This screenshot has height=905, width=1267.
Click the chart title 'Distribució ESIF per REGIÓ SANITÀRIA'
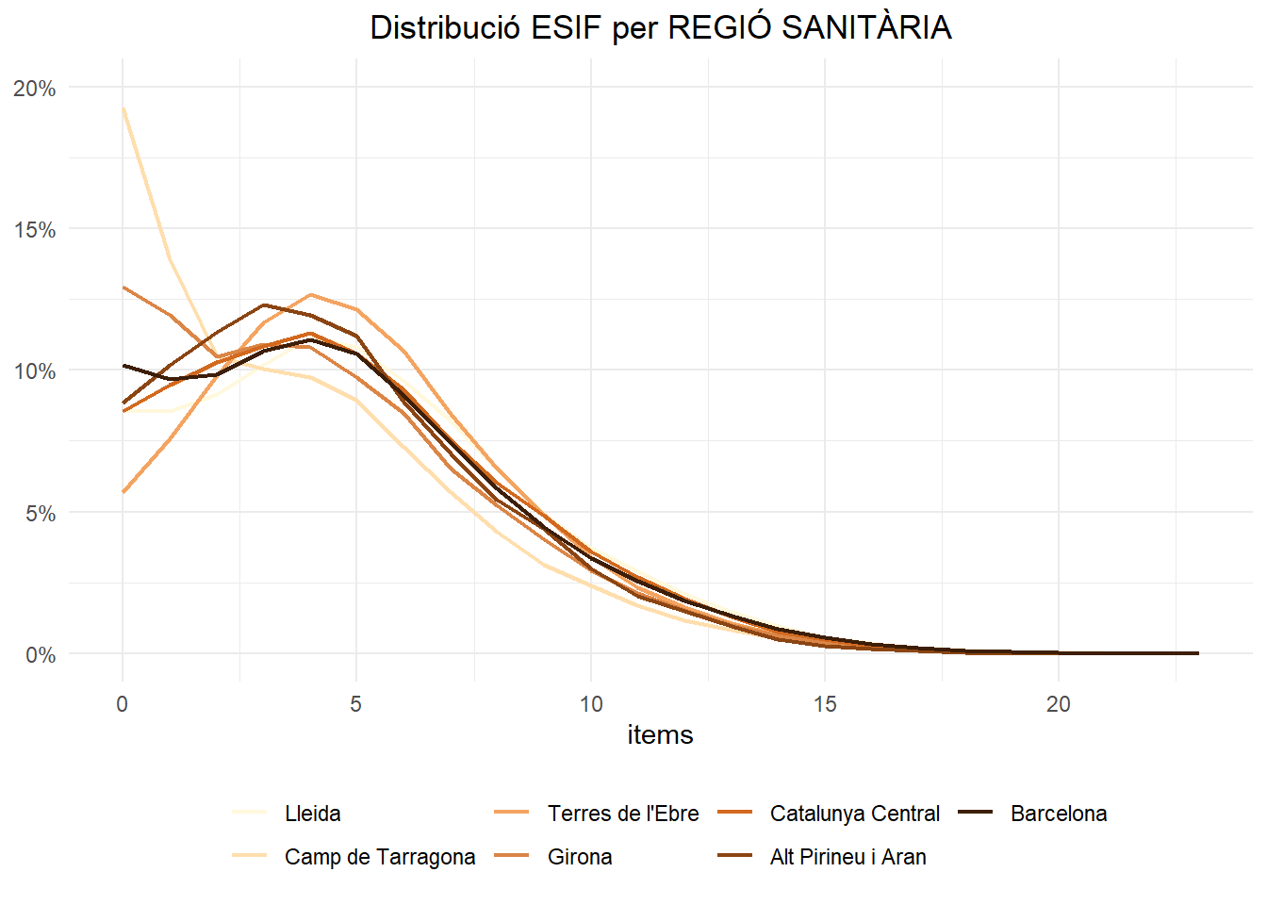point(660,27)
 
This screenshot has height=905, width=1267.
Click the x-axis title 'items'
point(660,734)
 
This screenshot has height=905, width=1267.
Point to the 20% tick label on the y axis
point(35,89)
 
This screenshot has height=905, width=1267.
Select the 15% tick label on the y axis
point(35,230)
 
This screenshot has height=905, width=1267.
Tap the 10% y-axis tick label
point(35,371)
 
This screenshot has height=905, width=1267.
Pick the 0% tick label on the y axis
point(40,655)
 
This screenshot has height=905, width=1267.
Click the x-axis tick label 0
point(122,704)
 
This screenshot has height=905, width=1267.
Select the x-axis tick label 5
point(355,704)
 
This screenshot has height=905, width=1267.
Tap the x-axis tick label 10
point(591,704)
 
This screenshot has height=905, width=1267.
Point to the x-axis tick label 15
point(825,704)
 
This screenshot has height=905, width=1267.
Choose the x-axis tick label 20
point(1059,704)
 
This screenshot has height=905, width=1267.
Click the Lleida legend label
point(312,814)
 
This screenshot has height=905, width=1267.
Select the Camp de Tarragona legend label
point(380,857)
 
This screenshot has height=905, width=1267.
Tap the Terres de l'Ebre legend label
point(623,814)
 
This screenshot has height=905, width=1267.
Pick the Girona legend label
point(580,857)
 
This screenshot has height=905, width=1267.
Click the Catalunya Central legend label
point(855,814)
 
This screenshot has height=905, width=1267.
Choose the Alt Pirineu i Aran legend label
point(847,857)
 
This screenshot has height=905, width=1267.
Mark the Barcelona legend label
point(1059,814)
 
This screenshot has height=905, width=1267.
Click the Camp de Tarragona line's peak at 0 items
point(123,107)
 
